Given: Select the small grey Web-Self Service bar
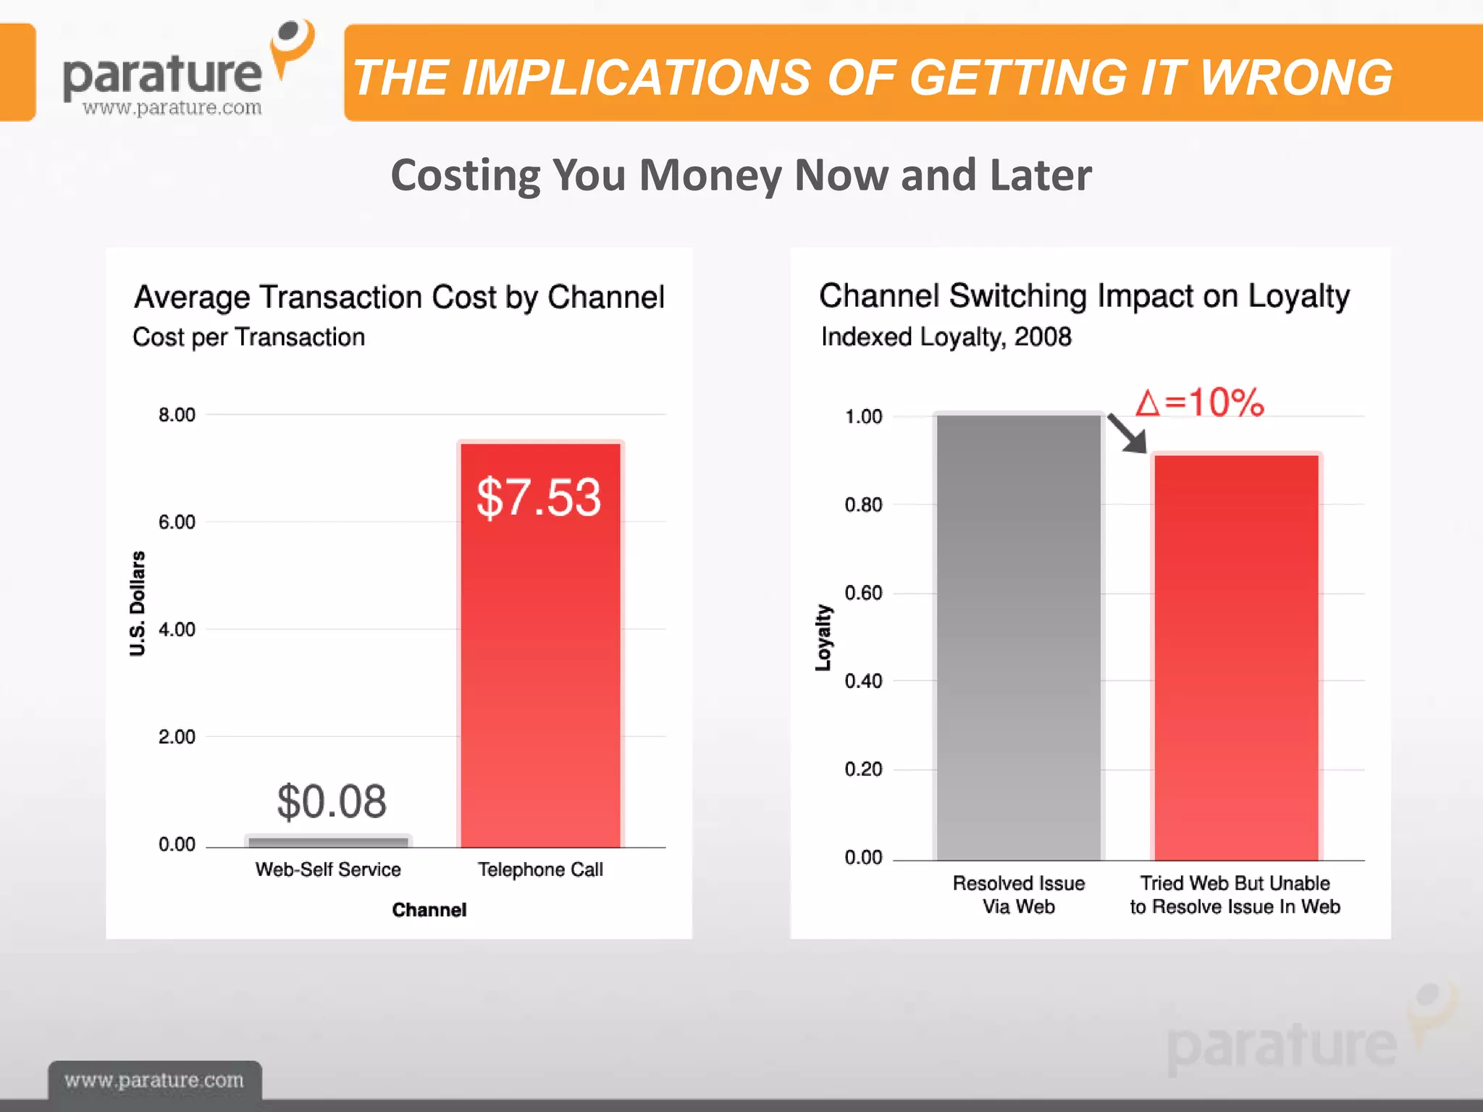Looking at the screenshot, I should pyautogui.click(x=328, y=841).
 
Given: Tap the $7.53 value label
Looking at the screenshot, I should pyautogui.click(x=539, y=497).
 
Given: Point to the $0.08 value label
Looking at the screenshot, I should pyautogui.click(x=332, y=801).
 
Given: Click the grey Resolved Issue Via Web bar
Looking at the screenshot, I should pyautogui.click(x=1018, y=637).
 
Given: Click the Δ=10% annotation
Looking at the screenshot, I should pyautogui.click(x=1200, y=403).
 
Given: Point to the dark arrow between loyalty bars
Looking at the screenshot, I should pyautogui.click(x=1127, y=433).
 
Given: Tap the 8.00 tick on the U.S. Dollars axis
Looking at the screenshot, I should pyautogui.click(x=177, y=415).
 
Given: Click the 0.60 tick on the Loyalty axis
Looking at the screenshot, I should pyautogui.click(x=863, y=593).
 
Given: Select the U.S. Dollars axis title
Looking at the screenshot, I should pyautogui.click(x=138, y=603).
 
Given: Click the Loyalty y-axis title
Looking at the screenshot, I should pyautogui.click(x=823, y=637).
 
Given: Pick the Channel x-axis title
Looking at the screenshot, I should pyautogui.click(x=429, y=910).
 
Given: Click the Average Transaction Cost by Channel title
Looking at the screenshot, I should pyautogui.click(x=399, y=297).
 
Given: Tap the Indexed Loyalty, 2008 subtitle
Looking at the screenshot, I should pyautogui.click(x=946, y=337).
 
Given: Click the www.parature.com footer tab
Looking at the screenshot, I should pyautogui.click(x=154, y=1080).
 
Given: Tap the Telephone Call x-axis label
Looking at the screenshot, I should pyautogui.click(x=540, y=869).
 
